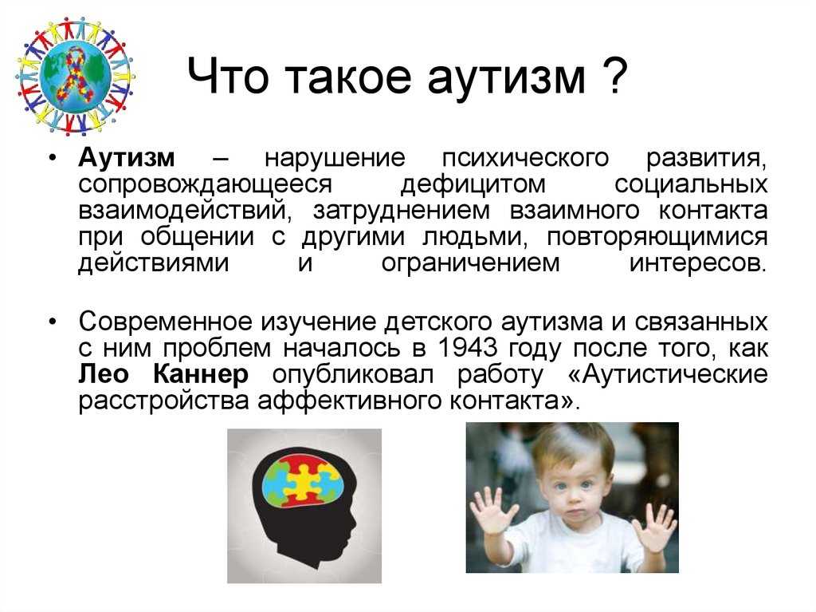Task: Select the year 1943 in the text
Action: coord(467,348)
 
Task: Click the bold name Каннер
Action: coord(201,374)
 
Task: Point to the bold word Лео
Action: coord(104,374)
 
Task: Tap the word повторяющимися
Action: coord(657,238)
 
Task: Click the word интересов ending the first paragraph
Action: coord(698,264)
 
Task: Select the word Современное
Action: coord(166,322)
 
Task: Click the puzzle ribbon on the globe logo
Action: coord(76,73)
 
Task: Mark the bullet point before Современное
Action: coord(53,322)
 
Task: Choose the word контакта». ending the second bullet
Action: coord(514,401)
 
